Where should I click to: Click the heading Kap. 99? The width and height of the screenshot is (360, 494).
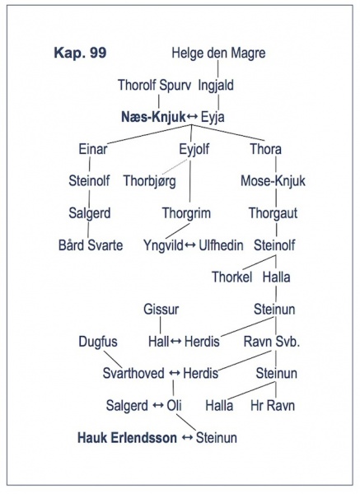[x=80, y=53]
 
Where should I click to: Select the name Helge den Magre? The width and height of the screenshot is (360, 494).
[x=218, y=53]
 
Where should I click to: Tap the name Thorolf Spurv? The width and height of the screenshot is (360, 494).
[x=155, y=86]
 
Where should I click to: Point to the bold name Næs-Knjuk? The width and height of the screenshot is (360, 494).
[x=153, y=117]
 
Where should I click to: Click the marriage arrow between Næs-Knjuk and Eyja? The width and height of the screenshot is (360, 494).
[x=192, y=117]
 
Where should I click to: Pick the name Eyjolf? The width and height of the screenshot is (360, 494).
[x=194, y=149]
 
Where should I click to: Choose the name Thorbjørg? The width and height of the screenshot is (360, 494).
[x=149, y=181]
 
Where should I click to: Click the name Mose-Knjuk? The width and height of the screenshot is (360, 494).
[x=273, y=181]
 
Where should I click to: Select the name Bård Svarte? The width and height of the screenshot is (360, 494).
[x=91, y=245]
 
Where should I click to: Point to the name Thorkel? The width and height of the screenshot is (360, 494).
[x=232, y=277]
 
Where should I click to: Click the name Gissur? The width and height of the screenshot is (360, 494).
[x=161, y=309]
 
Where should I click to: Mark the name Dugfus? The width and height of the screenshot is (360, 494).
[x=98, y=342]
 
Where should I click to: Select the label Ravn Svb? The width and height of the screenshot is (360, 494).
[x=271, y=342]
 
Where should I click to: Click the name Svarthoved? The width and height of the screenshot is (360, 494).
[x=133, y=373]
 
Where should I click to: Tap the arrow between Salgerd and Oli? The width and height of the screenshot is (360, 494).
[x=157, y=405]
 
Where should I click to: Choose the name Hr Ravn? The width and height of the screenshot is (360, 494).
[x=273, y=405]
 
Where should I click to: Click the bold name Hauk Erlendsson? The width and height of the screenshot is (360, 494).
[x=128, y=438]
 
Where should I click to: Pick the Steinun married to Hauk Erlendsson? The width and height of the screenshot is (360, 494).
[x=217, y=438]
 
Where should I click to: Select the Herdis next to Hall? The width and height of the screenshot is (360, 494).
[x=202, y=342]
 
